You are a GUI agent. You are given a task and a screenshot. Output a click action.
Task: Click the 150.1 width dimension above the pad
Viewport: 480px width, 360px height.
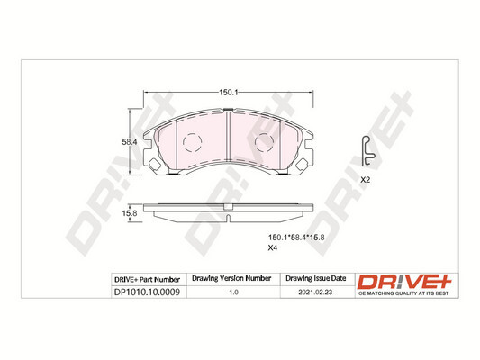229,92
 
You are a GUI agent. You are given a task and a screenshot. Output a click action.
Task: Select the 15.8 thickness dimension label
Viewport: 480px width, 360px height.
128,212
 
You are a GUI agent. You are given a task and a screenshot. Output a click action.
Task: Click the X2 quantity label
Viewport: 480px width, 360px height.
366,180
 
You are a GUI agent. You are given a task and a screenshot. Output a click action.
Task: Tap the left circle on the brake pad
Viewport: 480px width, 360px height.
193,143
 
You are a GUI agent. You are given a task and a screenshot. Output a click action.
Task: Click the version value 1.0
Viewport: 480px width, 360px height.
232,292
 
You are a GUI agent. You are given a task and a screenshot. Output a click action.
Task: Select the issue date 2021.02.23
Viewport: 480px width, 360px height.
314,292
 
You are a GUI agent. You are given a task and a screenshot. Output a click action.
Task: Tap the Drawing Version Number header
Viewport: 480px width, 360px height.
232,279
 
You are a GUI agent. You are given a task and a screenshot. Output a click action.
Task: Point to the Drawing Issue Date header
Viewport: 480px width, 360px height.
314,279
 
